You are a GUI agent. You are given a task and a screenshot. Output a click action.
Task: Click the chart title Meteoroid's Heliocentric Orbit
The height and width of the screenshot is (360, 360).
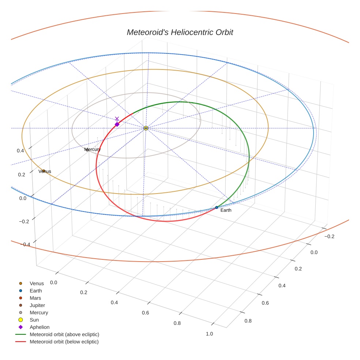click(180, 32)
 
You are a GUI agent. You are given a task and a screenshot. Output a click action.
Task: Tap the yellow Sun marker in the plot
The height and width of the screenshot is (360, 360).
click(146, 128)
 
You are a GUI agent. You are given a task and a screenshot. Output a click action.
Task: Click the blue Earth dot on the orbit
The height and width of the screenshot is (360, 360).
click(217, 207)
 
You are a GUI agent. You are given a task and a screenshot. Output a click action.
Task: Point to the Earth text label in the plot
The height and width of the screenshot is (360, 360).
click(226, 210)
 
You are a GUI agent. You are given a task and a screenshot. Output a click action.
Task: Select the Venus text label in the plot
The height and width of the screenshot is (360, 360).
click(45, 171)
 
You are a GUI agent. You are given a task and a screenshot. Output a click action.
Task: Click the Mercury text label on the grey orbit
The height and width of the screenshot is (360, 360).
click(92, 149)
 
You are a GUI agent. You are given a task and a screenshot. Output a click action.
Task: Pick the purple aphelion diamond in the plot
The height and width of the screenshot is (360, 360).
click(117, 124)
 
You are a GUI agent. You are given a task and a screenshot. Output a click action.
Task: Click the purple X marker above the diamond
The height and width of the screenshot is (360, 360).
click(117, 119)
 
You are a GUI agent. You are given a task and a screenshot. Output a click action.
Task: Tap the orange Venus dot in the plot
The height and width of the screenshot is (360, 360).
click(43, 170)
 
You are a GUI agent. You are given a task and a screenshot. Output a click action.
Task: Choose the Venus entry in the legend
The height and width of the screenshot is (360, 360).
click(37, 284)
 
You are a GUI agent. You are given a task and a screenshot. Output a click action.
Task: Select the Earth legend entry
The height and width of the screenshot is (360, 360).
click(36, 291)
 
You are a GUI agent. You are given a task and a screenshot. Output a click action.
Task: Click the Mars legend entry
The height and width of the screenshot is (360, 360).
click(35, 298)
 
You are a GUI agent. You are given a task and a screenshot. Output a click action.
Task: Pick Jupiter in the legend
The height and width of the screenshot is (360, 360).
click(37, 305)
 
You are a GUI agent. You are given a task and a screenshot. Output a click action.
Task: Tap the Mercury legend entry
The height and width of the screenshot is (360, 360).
click(39, 312)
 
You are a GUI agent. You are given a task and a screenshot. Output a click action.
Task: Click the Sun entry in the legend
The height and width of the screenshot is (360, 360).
click(34, 320)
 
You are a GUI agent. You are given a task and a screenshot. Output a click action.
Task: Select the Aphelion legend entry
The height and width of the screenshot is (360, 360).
click(40, 327)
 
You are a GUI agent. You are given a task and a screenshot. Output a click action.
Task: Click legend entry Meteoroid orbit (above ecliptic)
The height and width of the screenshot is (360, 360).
click(64, 334)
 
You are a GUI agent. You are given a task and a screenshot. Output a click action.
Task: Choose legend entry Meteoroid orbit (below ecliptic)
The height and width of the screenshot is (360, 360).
click(64, 342)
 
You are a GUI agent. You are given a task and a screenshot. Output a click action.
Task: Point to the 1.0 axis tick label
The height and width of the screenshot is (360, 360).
click(209, 334)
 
